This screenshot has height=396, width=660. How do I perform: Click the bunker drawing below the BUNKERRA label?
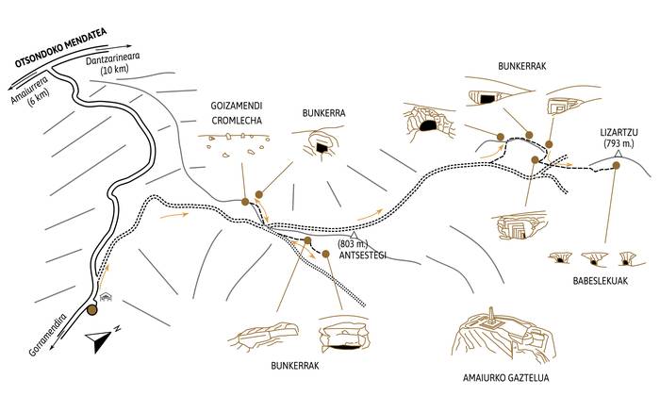(x=321, y=143)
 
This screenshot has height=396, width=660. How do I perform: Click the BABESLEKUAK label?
(x=593, y=281)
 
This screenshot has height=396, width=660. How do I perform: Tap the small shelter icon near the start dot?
(x=107, y=297)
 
